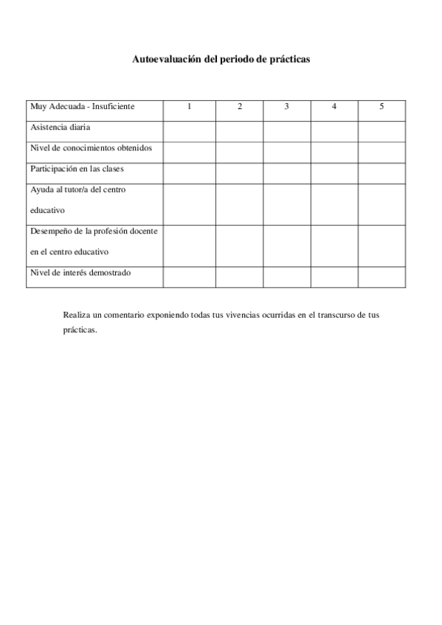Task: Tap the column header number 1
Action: pos(190,107)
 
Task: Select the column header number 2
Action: pos(240,107)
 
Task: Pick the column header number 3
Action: pos(286,107)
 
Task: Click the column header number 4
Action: pos(334,107)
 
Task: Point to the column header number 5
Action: pos(381,107)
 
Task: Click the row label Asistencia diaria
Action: pos(61,128)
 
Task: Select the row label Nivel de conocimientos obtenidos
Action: pos(91,148)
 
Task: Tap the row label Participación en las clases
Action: pos(77,169)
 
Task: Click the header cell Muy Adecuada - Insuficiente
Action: pos(82,107)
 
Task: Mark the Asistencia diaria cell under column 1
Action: pos(190,131)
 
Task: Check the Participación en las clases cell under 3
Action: pos(286,173)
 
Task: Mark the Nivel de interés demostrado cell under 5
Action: pos(381,277)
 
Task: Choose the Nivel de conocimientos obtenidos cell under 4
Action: pos(334,152)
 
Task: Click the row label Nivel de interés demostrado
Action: pos(80,273)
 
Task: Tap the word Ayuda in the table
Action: pos(41,189)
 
